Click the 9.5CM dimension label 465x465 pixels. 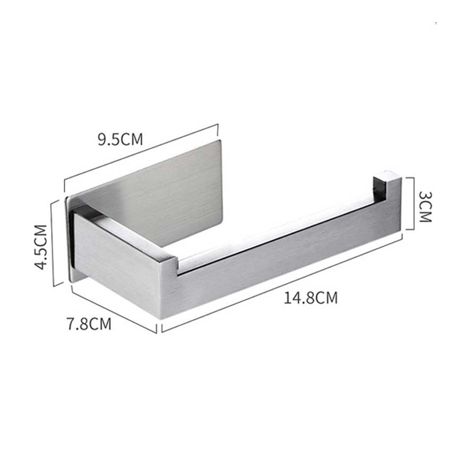pos(121,139)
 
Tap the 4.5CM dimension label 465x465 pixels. pos(41,247)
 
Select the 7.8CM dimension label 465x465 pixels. pos(89,324)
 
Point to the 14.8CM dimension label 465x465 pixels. pos(311,298)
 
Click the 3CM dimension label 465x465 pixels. pos(425,207)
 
